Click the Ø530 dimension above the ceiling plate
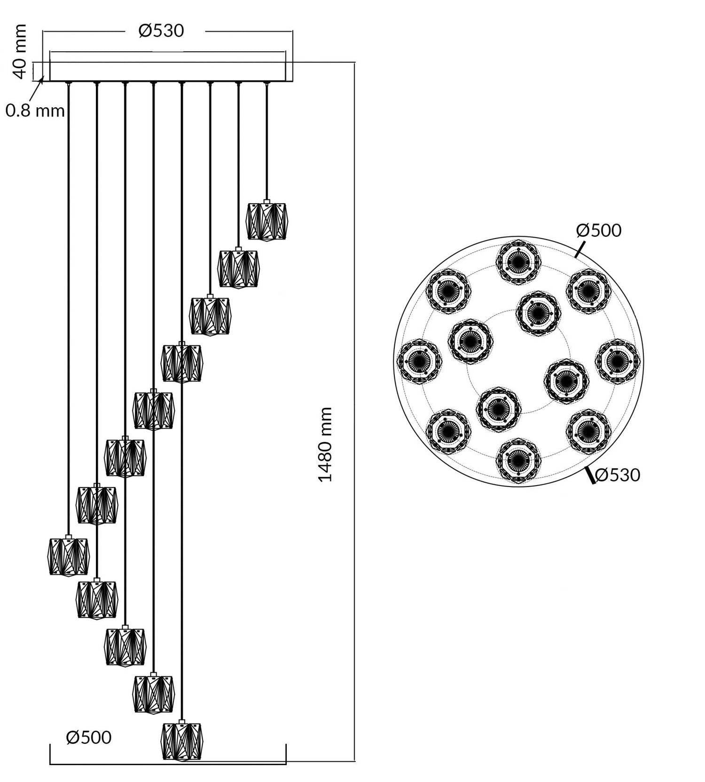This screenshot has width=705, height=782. (161, 31)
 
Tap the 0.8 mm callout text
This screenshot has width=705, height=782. (35, 111)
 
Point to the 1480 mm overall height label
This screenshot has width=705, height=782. (325, 444)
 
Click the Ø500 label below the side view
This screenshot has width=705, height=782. (89, 737)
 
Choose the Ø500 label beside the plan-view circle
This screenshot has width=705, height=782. (599, 231)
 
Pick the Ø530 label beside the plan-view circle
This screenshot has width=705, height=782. (618, 475)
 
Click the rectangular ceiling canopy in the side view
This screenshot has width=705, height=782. (167, 72)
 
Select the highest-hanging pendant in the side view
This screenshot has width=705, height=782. (267, 221)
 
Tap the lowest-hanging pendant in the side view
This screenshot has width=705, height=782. (182, 741)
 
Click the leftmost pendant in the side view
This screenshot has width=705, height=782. (69, 556)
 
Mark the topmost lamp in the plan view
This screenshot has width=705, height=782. (518, 262)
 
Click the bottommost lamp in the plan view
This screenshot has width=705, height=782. (518, 460)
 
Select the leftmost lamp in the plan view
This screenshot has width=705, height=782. (419, 361)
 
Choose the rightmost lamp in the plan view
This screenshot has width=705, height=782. (618, 361)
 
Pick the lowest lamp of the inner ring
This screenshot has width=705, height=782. (499, 408)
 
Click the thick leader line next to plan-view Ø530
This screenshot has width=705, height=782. (590, 475)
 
